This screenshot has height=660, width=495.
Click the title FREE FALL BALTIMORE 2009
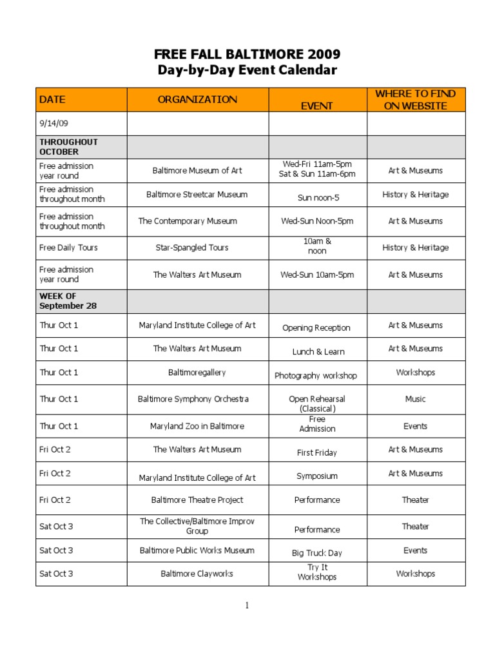(x=247, y=53)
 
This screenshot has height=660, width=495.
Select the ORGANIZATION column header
(x=197, y=99)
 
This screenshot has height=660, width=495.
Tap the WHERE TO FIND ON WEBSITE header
(x=415, y=100)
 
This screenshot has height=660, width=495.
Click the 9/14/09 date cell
(x=53, y=123)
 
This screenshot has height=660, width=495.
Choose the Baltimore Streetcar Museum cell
(x=197, y=194)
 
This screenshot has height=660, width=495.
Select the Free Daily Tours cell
(x=68, y=247)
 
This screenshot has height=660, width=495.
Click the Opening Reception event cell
(x=316, y=327)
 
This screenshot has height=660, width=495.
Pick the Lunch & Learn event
(x=318, y=351)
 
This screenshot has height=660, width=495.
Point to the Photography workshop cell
(x=316, y=375)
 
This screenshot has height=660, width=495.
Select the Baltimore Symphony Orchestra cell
(x=193, y=399)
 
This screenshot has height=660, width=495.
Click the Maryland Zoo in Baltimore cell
(x=197, y=426)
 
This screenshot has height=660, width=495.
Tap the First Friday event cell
(x=317, y=452)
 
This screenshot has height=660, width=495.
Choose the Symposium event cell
(x=317, y=476)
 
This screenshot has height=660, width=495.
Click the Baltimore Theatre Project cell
(x=197, y=500)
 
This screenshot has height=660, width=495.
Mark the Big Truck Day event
(x=317, y=553)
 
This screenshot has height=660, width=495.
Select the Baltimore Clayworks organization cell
(x=197, y=574)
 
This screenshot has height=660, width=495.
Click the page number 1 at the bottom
(x=247, y=605)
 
